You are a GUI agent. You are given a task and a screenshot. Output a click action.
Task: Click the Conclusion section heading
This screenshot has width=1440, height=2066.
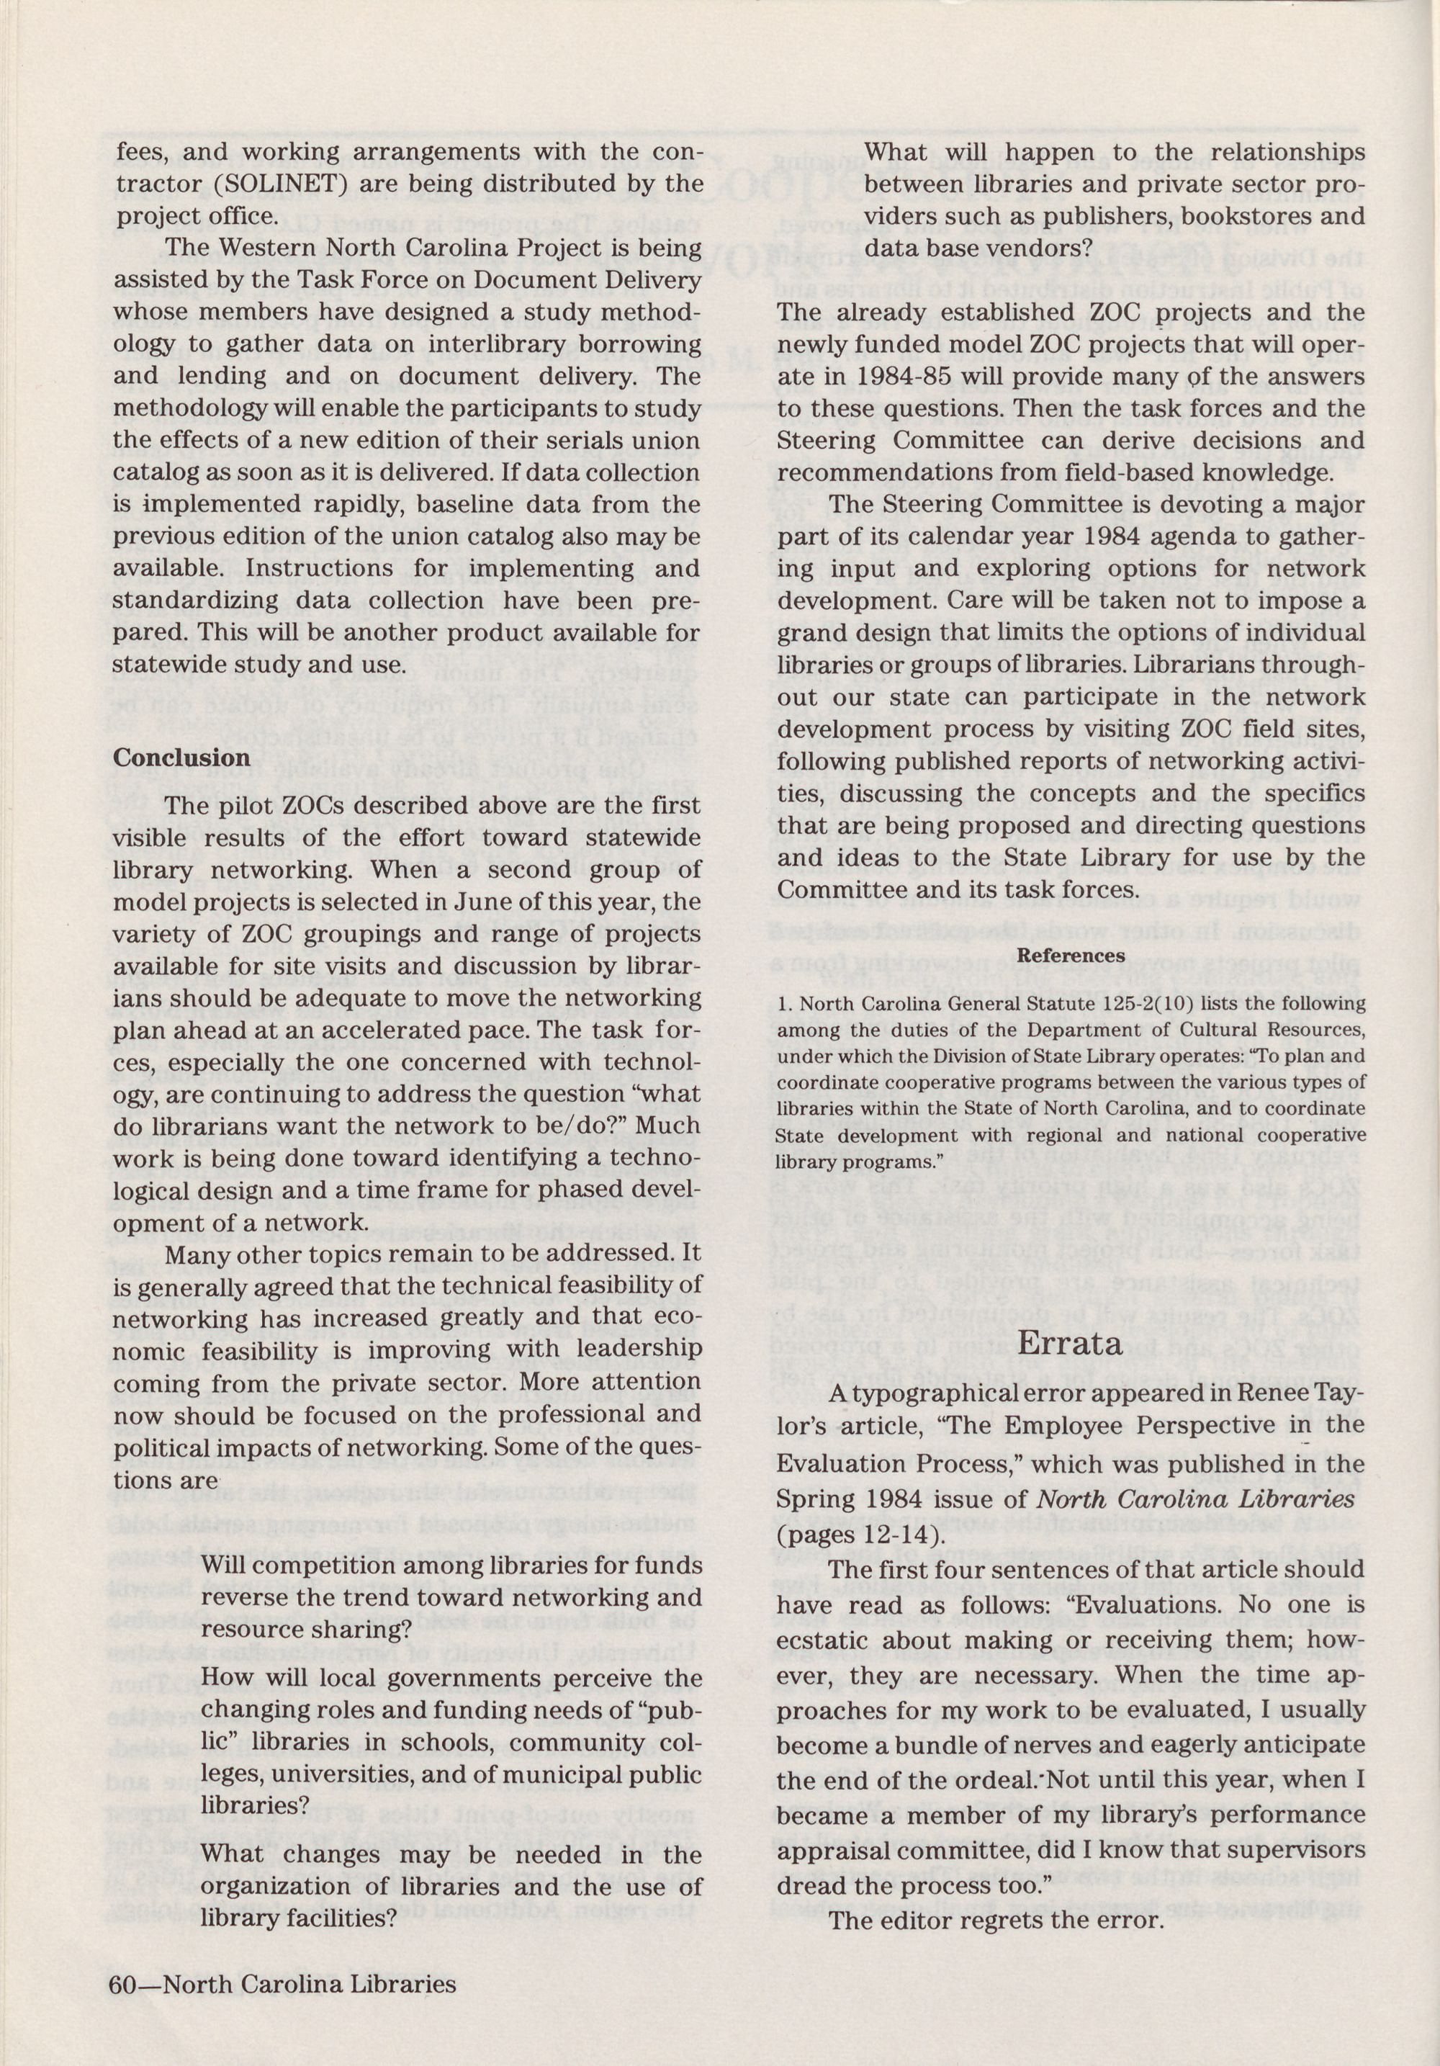180,758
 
